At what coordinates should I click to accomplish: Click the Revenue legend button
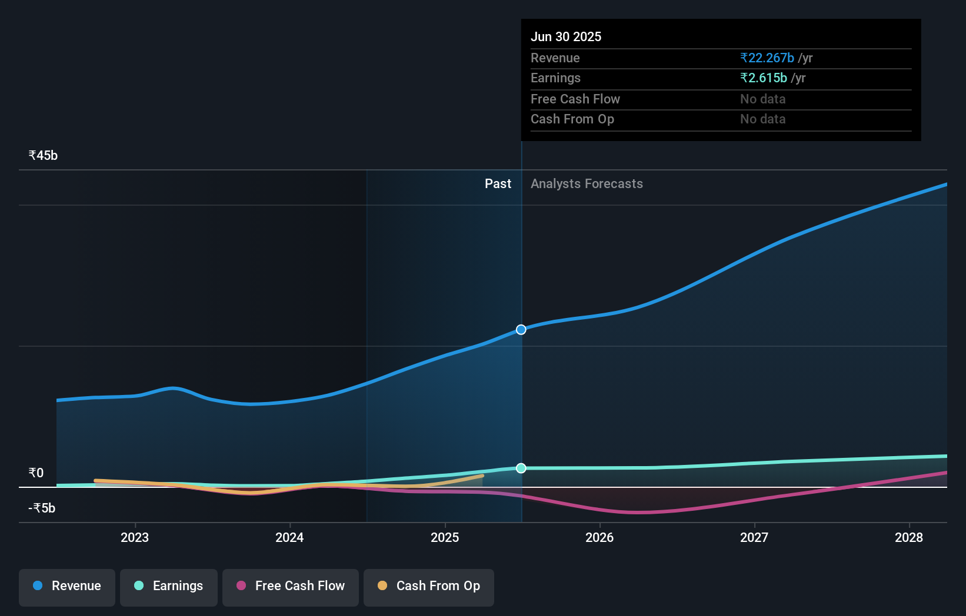tap(67, 587)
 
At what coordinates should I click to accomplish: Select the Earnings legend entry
tap(169, 587)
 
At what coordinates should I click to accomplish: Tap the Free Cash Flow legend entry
tap(291, 587)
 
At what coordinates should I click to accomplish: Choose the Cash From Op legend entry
tap(429, 587)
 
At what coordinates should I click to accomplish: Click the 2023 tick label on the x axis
tap(135, 538)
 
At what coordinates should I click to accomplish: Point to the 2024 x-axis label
tap(289, 538)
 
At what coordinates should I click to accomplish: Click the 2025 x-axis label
tap(445, 538)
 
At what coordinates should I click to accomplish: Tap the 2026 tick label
tap(599, 538)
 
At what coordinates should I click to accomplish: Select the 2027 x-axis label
tap(754, 538)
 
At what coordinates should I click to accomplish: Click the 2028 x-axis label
tap(909, 538)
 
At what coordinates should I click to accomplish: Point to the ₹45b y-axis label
tap(44, 156)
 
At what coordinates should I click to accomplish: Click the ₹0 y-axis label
tap(36, 473)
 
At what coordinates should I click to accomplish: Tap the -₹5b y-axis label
tap(42, 508)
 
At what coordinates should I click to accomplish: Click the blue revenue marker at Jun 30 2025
tap(521, 330)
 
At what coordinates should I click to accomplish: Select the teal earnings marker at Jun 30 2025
tap(521, 468)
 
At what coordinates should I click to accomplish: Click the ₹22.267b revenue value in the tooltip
tap(767, 58)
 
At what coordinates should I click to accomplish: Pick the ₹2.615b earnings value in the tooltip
tap(764, 78)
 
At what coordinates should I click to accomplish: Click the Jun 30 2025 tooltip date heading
tap(566, 37)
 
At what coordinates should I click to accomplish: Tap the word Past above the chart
tap(498, 184)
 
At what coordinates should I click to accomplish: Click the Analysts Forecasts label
tap(587, 184)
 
